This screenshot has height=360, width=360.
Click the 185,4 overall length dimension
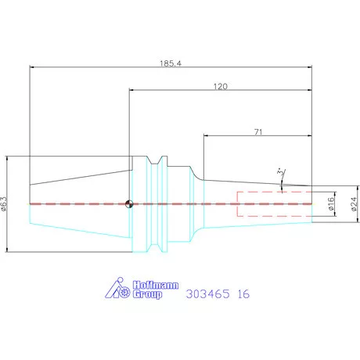(171, 63)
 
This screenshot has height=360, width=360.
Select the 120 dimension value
(221, 86)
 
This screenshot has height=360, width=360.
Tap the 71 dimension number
(258, 132)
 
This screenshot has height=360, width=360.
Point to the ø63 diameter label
(4, 203)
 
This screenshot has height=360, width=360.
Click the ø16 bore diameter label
(330, 203)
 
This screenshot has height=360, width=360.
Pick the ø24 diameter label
(354, 204)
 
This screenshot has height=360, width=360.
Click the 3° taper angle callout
(281, 173)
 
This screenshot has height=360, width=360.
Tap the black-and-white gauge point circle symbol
(129, 204)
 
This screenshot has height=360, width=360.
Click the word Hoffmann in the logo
(156, 285)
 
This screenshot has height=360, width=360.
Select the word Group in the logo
(147, 294)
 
